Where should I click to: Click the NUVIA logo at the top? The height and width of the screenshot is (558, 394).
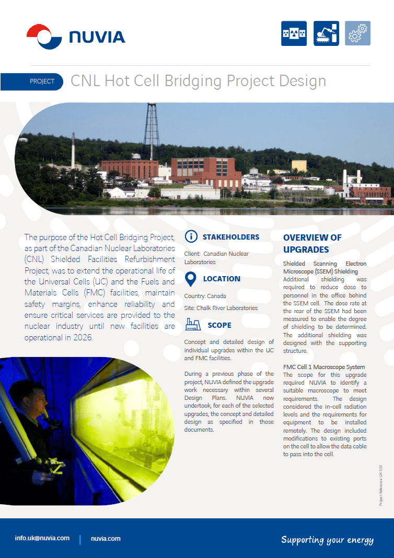(x=76, y=37)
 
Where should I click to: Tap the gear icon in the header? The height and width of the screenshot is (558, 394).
(x=357, y=34)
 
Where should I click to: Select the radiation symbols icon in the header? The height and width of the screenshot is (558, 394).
(x=294, y=34)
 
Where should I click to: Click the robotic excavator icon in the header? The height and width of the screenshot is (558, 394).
(x=326, y=34)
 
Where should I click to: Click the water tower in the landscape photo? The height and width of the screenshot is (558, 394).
(x=152, y=130)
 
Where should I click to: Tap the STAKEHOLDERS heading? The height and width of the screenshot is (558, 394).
(x=231, y=237)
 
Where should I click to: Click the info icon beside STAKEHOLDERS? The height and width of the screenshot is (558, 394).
(x=192, y=237)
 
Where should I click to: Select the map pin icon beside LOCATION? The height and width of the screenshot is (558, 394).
(x=191, y=279)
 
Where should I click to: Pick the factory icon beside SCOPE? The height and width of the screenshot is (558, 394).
(x=193, y=325)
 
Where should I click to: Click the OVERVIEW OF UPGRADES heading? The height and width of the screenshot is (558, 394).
(x=312, y=243)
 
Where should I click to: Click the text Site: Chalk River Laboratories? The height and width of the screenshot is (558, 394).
(x=221, y=308)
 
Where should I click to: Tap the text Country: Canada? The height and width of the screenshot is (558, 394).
(x=205, y=296)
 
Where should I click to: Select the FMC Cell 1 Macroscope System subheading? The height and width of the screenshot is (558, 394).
(x=324, y=367)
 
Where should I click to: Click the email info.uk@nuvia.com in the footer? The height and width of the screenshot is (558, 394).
(x=42, y=538)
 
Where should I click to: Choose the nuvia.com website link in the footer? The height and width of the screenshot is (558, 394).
(x=106, y=538)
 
